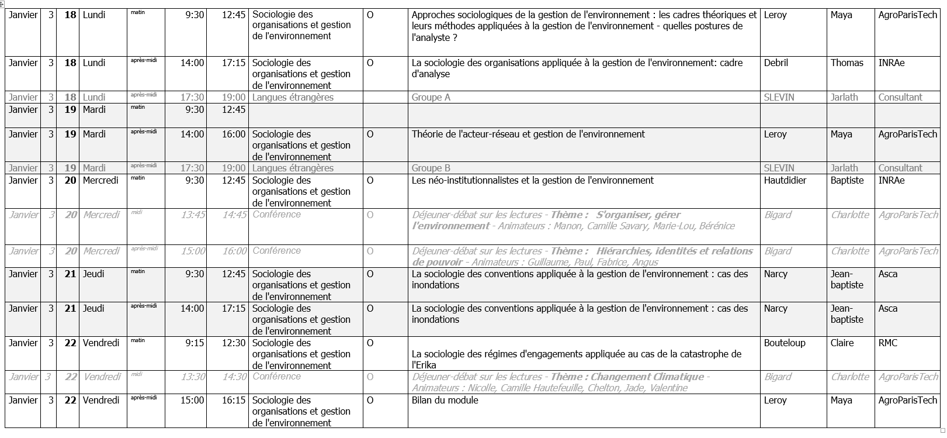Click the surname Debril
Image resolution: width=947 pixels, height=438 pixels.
[776, 63]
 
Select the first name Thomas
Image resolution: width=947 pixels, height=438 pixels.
[847, 63]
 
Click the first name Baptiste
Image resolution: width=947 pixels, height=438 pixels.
[847, 181]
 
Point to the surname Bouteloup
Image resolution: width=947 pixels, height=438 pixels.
[785, 343]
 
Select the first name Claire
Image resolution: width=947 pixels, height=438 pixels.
[842, 343]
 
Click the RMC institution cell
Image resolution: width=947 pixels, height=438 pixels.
[887, 343]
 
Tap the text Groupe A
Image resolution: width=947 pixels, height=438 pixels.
[431, 98]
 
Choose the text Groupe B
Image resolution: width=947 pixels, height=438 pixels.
[431, 168]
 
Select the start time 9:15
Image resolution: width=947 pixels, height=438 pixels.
[195, 343]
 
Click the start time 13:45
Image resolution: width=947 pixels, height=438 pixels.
[193, 215]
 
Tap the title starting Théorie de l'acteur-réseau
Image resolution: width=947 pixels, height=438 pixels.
[528, 134]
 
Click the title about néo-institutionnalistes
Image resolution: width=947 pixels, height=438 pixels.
[533, 181]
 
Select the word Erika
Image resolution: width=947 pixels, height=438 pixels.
[425, 365]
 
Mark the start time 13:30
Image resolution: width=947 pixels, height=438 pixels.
[193, 377]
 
